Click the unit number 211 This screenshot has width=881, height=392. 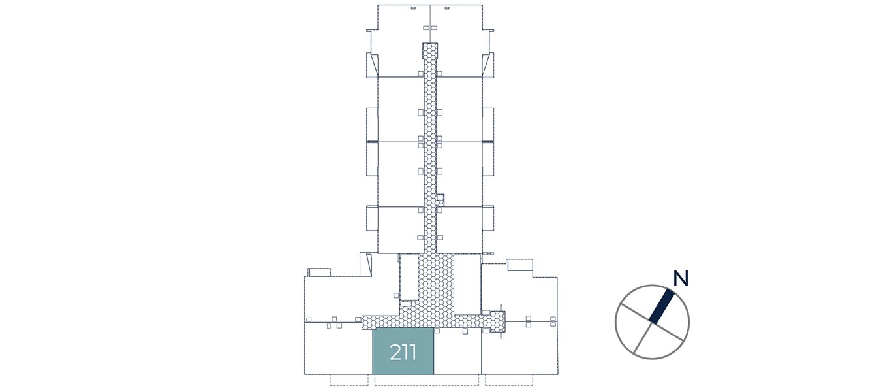tap(403, 352)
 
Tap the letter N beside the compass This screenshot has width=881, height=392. tap(681, 278)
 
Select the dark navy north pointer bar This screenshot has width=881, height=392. tap(662, 306)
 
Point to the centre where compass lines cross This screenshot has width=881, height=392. tap(652, 322)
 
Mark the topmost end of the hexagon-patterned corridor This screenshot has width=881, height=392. tap(430, 43)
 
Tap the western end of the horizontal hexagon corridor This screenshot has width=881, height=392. tap(363, 322)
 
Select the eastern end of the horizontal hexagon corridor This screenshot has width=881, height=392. tap(504, 321)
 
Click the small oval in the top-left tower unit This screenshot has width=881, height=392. tap(413, 8)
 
